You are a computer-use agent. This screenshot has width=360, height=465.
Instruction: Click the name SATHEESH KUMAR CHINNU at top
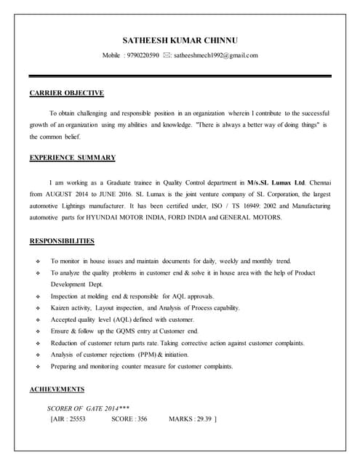tap(180, 39)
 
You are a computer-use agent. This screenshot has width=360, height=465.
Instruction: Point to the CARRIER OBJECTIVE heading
tap(67, 93)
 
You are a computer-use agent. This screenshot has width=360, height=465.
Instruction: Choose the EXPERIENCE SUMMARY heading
tap(72, 157)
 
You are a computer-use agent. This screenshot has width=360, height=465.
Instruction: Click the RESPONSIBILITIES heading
tap(62, 240)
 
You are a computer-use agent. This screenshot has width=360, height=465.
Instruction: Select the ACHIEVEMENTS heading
tap(57, 389)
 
